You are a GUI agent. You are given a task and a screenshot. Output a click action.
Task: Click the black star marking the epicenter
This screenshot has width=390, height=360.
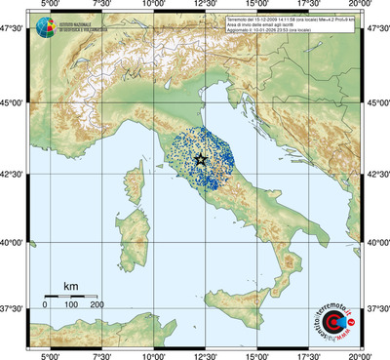click(x=201, y=159)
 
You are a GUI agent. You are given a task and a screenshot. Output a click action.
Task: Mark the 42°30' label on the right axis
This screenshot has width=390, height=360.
click(x=377, y=176)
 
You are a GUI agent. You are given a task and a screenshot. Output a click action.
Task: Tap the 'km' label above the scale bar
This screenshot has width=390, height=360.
click(x=70, y=285)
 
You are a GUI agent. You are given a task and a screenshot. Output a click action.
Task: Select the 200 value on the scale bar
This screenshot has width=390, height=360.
click(x=97, y=306)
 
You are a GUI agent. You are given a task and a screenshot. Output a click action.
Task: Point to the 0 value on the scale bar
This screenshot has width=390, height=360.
click(x=45, y=306)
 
